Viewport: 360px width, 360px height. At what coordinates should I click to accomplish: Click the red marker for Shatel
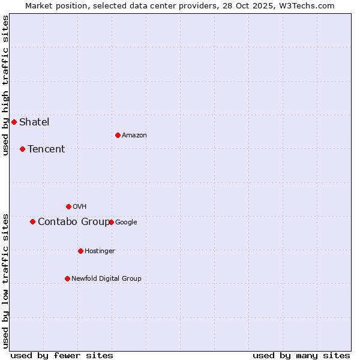pyautogui.click(x=14, y=122)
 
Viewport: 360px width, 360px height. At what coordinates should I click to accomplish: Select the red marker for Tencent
pyautogui.click(x=22, y=149)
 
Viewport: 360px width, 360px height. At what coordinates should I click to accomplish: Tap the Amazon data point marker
pyautogui.click(x=118, y=135)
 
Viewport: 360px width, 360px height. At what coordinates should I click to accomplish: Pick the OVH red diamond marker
pyautogui.click(x=68, y=206)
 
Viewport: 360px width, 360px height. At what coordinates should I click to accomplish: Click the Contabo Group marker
pyautogui.click(x=32, y=221)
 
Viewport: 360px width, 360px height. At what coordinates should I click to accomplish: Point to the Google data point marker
pyautogui.click(x=111, y=222)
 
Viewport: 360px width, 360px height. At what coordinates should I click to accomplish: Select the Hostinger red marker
pyautogui.click(x=80, y=251)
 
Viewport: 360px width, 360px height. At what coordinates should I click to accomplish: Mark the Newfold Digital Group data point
pyautogui.click(x=67, y=278)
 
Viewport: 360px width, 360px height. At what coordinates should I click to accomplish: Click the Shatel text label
pyautogui.click(x=34, y=122)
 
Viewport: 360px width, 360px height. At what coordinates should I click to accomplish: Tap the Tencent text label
pyautogui.click(x=46, y=149)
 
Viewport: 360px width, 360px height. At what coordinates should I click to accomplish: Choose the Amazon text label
pyautogui.click(x=134, y=135)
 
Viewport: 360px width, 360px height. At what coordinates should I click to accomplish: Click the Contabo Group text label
pyautogui.click(x=73, y=221)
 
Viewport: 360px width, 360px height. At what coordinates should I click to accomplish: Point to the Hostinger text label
pyautogui.click(x=100, y=251)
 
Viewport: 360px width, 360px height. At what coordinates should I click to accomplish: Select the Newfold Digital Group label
pyautogui.click(x=106, y=278)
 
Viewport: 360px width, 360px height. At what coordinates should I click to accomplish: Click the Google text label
pyautogui.click(x=126, y=222)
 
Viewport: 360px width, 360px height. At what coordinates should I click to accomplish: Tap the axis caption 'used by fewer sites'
pyautogui.click(x=62, y=355)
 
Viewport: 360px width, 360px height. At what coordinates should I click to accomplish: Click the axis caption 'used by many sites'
pyautogui.click(x=301, y=355)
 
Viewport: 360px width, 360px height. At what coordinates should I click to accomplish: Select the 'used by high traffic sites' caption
pyautogui.click(x=5, y=85)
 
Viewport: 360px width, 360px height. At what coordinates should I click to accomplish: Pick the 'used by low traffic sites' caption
pyautogui.click(x=5, y=281)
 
